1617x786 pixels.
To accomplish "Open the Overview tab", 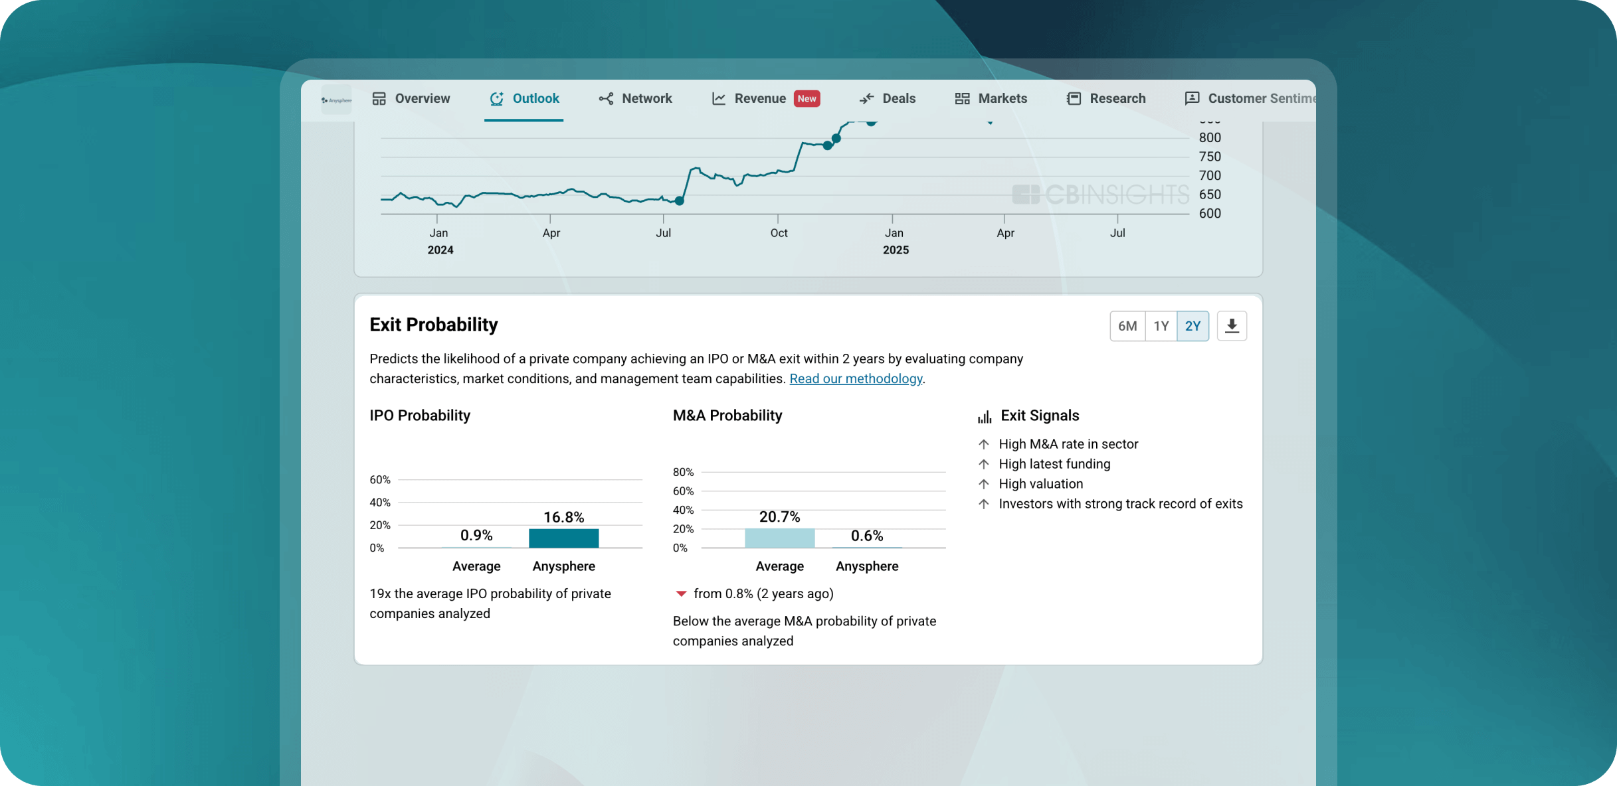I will [411, 99].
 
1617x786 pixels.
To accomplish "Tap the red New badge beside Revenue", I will [807, 99].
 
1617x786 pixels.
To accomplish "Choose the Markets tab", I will [991, 99].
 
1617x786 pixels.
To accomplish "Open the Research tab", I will [1106, 99].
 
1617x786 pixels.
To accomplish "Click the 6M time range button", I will [1127, 326].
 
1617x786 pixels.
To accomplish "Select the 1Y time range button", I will [1161, 326].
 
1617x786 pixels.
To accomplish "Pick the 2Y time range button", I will [1192, 326].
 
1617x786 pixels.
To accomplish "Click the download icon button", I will [1232, 326].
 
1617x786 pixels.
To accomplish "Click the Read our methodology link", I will [856, 378].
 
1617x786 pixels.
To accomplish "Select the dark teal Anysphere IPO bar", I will [563, 538].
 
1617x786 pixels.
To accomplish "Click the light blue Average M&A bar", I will [779, 538].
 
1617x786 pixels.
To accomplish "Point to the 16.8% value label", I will [563, 517].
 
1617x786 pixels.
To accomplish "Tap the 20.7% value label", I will [779, 516].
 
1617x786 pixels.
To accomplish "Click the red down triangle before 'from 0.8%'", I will [681, 593].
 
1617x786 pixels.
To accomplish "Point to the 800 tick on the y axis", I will [1209, 137].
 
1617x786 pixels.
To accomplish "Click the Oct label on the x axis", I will [779, 233].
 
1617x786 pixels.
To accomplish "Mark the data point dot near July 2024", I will [679, 200].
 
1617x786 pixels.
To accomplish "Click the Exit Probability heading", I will [433, 325].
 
